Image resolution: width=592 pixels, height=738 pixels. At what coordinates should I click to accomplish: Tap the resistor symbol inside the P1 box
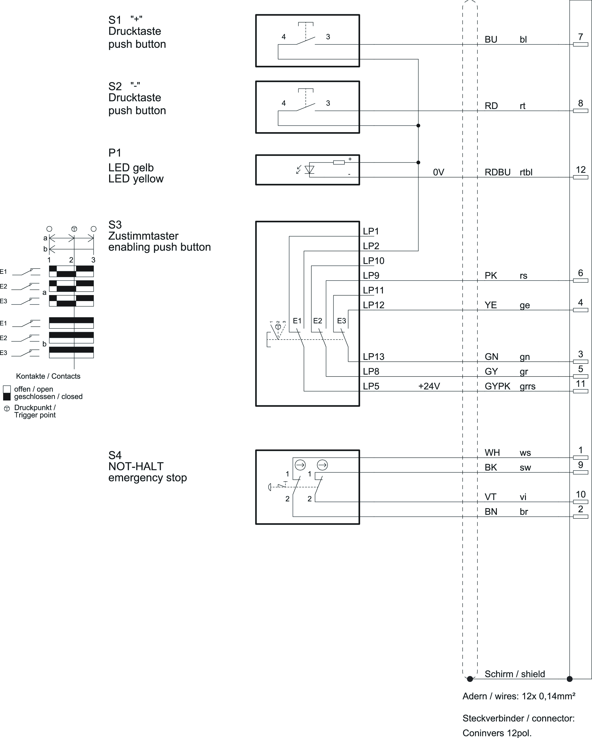(x=339, y=162)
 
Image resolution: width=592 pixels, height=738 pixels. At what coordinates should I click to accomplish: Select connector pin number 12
(x=581, y=170)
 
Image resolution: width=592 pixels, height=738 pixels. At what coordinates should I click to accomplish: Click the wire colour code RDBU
(x=497, y=172)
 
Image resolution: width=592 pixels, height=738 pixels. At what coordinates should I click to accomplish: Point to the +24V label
(x=429, y=386)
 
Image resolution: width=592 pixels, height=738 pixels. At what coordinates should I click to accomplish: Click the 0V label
(x=439, y=172)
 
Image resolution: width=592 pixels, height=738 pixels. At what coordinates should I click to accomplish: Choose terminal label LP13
(x=373, y=357)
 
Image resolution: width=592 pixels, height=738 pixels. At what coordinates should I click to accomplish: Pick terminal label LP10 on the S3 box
(x=373, y=261)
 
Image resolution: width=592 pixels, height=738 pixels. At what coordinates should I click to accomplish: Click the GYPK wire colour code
(x=497, y=386)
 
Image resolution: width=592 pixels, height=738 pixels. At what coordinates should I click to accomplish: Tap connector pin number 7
(x=581, y=37)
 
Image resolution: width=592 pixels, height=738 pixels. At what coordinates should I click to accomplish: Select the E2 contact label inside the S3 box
(x=318, y=321)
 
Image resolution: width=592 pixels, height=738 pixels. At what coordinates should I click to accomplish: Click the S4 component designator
(x=115, y=455)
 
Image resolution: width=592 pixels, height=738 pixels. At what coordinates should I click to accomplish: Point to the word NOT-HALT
(x=136, y=466)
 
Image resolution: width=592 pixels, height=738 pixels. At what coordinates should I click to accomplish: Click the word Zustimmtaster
(x=144, y=236)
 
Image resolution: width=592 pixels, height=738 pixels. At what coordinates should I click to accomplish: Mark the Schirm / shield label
(x=515, y=674)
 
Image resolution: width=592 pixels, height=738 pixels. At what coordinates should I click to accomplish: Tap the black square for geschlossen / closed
(x=7, y=397)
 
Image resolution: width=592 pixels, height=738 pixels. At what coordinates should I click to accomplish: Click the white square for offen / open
(x=7, y=389)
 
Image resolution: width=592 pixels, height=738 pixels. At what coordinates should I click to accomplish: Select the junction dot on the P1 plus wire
(x=418, y=162)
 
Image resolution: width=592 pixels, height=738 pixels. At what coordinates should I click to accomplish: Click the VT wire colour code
(x=490, y=497)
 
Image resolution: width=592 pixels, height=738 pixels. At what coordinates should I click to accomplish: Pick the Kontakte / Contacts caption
(x=48, y=376)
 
